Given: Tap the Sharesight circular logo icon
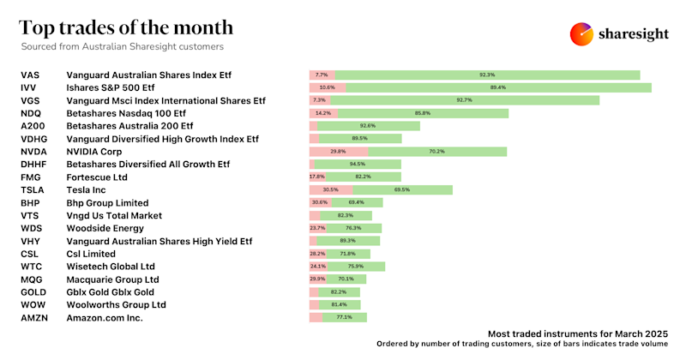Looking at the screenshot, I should click(582, 33).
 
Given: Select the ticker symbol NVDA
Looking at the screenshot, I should click(35, 151).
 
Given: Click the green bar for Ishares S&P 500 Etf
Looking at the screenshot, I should click(498, 87).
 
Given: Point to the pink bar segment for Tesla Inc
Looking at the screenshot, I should click(330, 189).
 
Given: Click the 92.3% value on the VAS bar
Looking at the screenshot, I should click(486, 75).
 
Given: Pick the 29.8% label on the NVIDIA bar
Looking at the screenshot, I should click(326, 151).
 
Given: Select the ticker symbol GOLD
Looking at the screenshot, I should click(35, 291).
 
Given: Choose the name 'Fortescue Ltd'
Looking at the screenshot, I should click(97, 177).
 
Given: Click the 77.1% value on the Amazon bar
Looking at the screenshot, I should click(344, 317).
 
